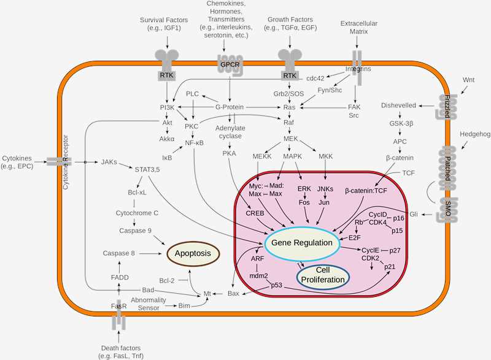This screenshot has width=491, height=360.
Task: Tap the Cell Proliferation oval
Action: tap(323, 275)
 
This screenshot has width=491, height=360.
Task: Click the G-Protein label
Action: tap(230, 107)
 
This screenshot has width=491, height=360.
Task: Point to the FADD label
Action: tap(119, 277)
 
